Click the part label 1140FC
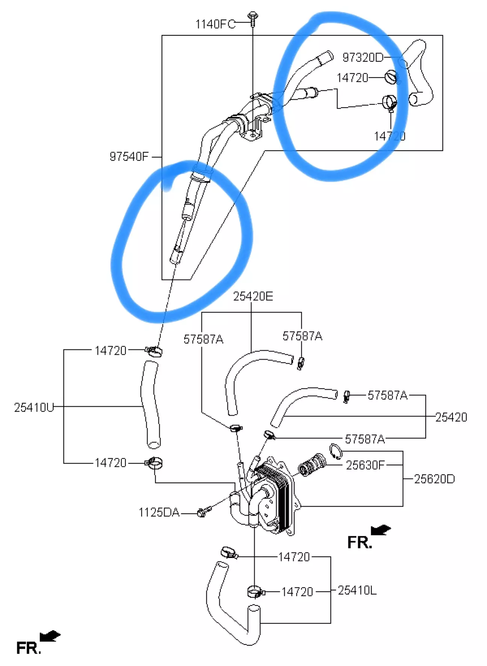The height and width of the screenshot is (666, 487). click(215, 24)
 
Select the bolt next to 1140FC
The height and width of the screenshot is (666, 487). click(253, 19)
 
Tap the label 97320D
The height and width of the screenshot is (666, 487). click(363, 57)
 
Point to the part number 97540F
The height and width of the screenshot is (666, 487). click(129, 156)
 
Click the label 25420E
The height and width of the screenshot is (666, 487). click(253, 296)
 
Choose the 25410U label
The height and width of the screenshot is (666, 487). click(34, 407)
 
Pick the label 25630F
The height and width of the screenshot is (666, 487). click(365, 465)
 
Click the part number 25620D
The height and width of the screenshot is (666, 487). click(434, 479)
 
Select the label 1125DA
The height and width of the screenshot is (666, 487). click(159, 512)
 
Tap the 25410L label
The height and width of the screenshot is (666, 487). click(357, 590)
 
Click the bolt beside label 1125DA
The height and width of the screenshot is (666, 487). click(204, 511)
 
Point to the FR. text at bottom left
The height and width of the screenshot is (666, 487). click(28, 648)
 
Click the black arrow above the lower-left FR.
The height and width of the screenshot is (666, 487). click(50, 636)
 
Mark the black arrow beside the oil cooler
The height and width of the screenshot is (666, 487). click(380, 530)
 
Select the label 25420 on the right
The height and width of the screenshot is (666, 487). click(451, 417)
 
